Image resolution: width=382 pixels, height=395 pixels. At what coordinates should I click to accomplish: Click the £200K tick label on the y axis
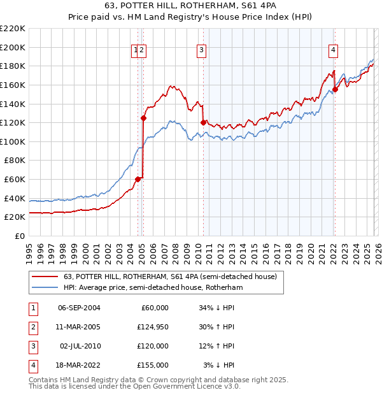[13, 47]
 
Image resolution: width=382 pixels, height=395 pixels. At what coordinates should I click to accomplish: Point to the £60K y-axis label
[15, 180]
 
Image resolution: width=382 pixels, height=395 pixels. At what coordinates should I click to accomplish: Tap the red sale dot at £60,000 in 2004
[138, 179]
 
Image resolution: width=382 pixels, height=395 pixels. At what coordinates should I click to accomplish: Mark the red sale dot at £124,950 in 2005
[143, 118]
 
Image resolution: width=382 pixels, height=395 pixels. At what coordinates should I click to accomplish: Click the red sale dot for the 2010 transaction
[203, 122]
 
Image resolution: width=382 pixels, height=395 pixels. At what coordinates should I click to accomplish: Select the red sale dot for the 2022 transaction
[335, 89]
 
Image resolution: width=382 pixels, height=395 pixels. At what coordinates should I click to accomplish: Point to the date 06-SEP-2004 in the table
[79, 308]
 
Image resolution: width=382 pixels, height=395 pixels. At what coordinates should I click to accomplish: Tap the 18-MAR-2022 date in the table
[79, 365]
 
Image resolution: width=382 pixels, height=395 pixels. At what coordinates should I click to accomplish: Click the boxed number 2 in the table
[32, 327]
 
